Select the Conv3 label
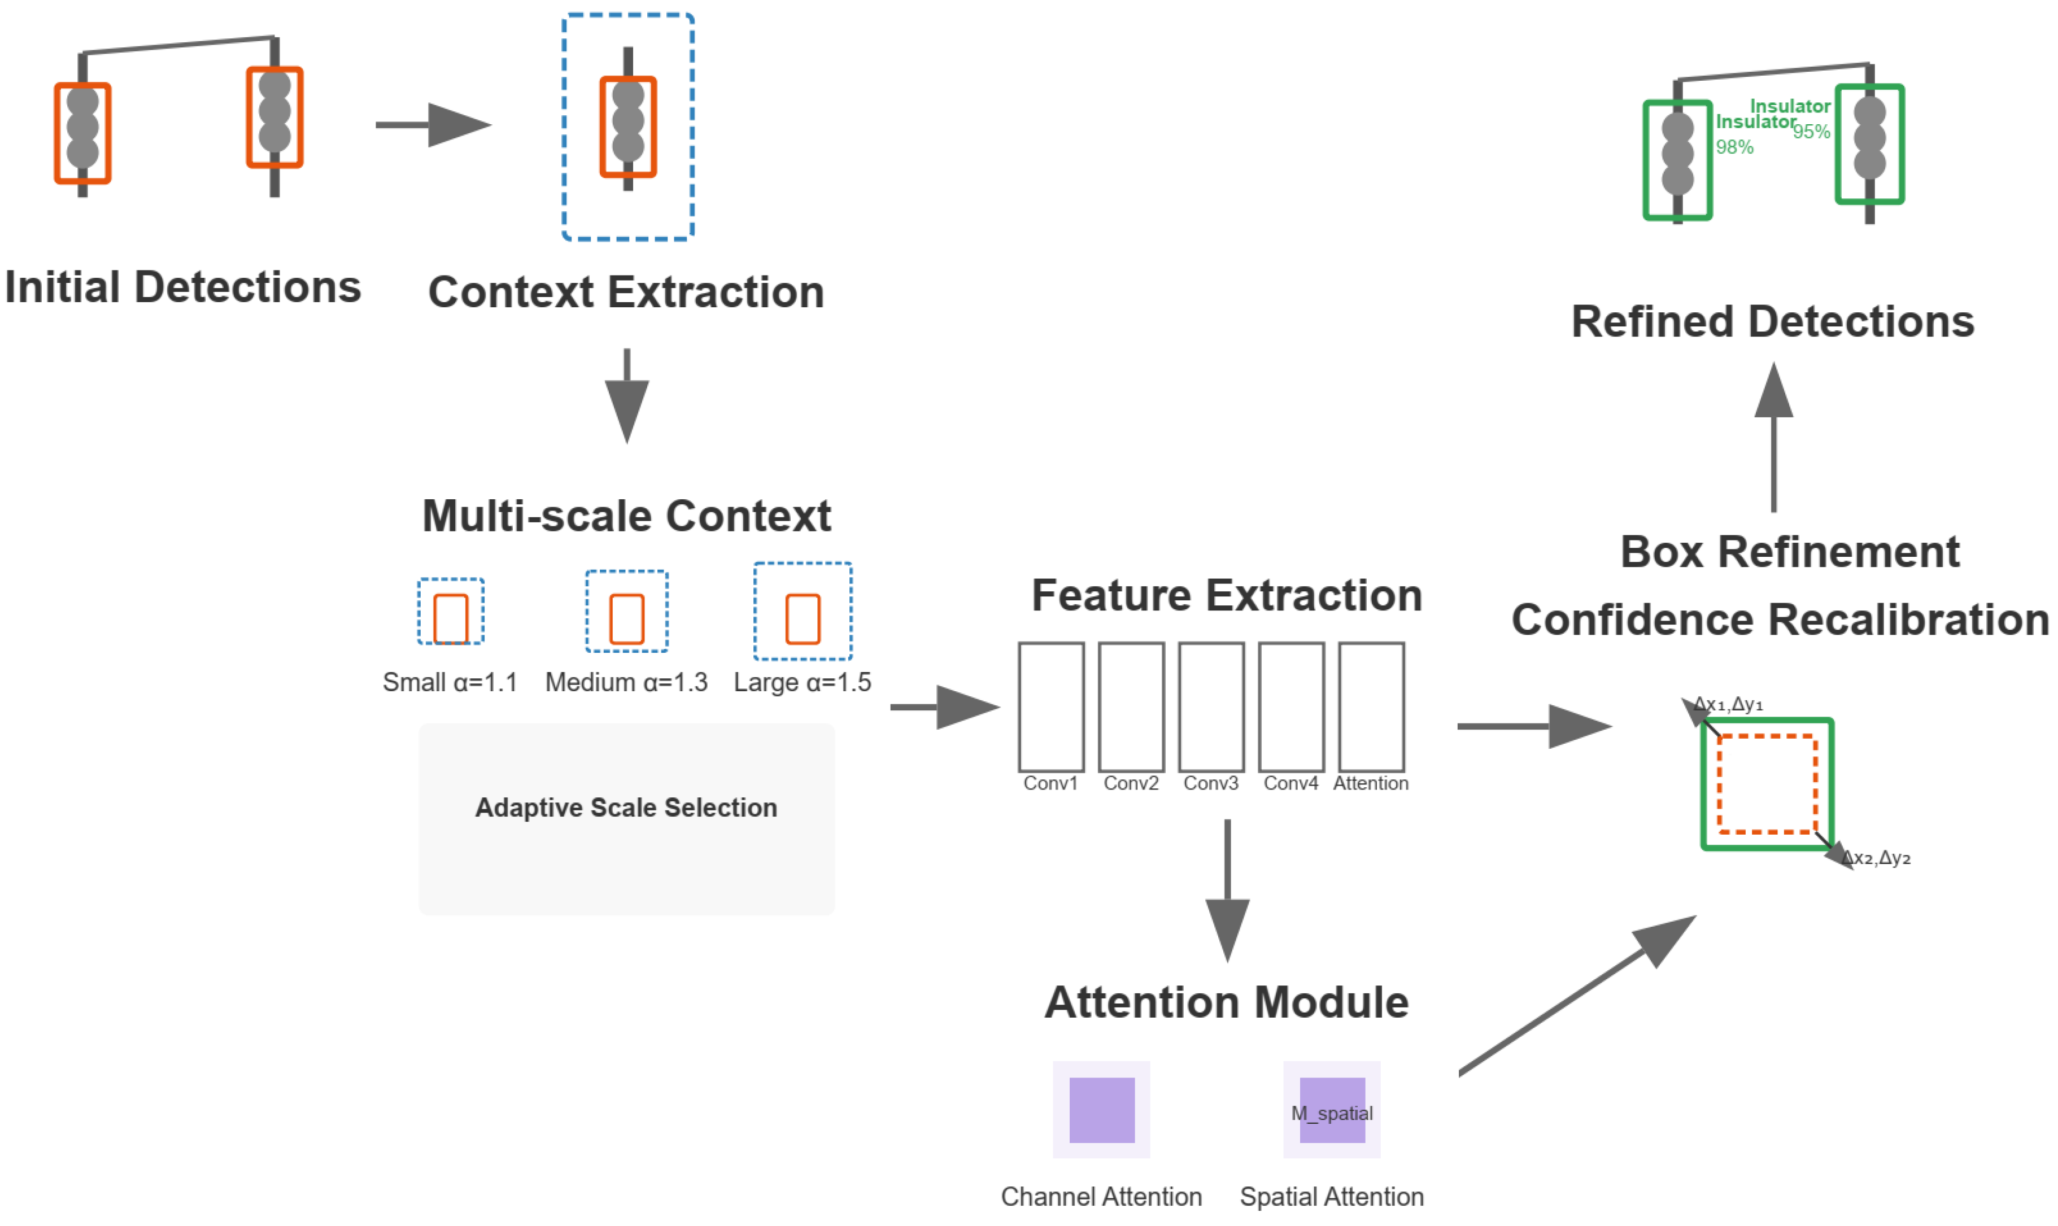[1212, 784]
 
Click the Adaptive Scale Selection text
[626, 808]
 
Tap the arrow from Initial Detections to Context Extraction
[434, 125]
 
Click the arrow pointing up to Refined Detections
[1774, 438]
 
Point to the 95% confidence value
[1812, 132]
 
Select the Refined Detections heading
[1774, 322]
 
